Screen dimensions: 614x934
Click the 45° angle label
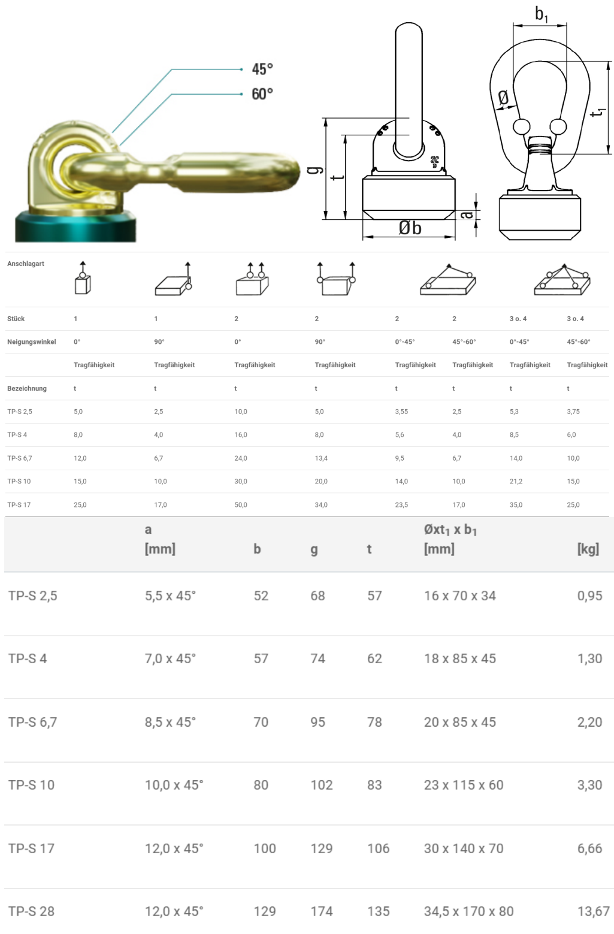click(262, 69)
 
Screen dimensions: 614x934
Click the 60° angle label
click(262, 94)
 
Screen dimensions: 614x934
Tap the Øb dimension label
click(410, 228)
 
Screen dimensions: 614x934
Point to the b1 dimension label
click(542, 14)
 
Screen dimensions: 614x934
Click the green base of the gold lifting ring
click(75, 226)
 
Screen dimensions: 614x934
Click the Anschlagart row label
click(25, 264)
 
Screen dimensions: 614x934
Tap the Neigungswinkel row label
click(31, 342)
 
